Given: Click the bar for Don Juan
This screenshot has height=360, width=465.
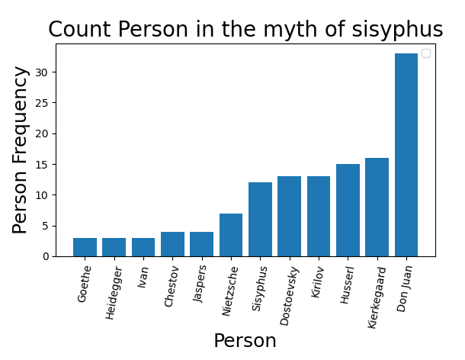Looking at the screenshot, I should tap(406, 155).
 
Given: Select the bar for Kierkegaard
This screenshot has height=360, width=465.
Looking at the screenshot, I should tap(377, 207).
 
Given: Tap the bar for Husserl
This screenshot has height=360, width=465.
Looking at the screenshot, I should tap(348, 210).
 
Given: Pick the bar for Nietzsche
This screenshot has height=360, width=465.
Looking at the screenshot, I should tap(231, 235).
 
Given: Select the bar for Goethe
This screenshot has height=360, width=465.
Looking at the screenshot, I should tap(85, 247).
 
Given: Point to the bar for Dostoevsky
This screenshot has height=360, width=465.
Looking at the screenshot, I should tap(289, 216).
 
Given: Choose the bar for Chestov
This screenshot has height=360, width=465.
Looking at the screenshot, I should tap(172, 244).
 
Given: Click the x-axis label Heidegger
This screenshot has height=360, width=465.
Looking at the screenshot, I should tap(113, 292).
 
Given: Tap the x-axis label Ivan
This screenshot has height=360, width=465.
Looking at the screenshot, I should tap(143, 276).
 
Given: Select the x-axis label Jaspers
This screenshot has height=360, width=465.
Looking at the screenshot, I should tap(200, 284).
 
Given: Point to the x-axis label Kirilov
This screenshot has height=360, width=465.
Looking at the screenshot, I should tap(318, 281).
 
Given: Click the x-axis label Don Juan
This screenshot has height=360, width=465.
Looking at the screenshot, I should tap(405, 288).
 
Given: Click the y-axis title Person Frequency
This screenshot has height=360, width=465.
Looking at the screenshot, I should tap(21, 149).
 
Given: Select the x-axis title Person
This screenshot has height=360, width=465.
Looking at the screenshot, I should tap(245, 341).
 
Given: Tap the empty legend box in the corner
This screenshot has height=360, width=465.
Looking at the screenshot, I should tap(425, 53).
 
